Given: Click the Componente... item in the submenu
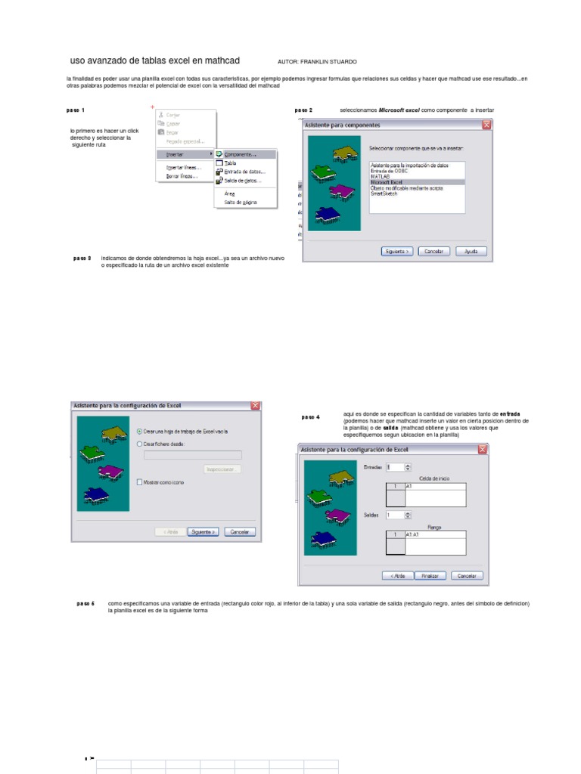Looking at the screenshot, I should coord(241,154).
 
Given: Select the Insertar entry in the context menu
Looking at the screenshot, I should coord(175,154).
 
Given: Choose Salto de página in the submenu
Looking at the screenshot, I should coord(241,203).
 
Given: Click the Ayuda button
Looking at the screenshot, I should coord(470,251).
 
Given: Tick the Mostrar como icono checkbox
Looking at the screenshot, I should coord(140,481).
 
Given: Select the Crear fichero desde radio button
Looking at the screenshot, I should coord(140,444).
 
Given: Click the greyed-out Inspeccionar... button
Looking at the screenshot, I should coord(222,469).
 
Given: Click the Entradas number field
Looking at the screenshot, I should coord(394,467).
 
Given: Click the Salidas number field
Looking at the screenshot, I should coord(394,515).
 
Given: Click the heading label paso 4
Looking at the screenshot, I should coord(310,417).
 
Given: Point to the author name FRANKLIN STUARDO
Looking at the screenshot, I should coord(328,61).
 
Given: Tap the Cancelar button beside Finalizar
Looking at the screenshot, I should coord(467,575).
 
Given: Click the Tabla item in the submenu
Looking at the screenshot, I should coord(231,163).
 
